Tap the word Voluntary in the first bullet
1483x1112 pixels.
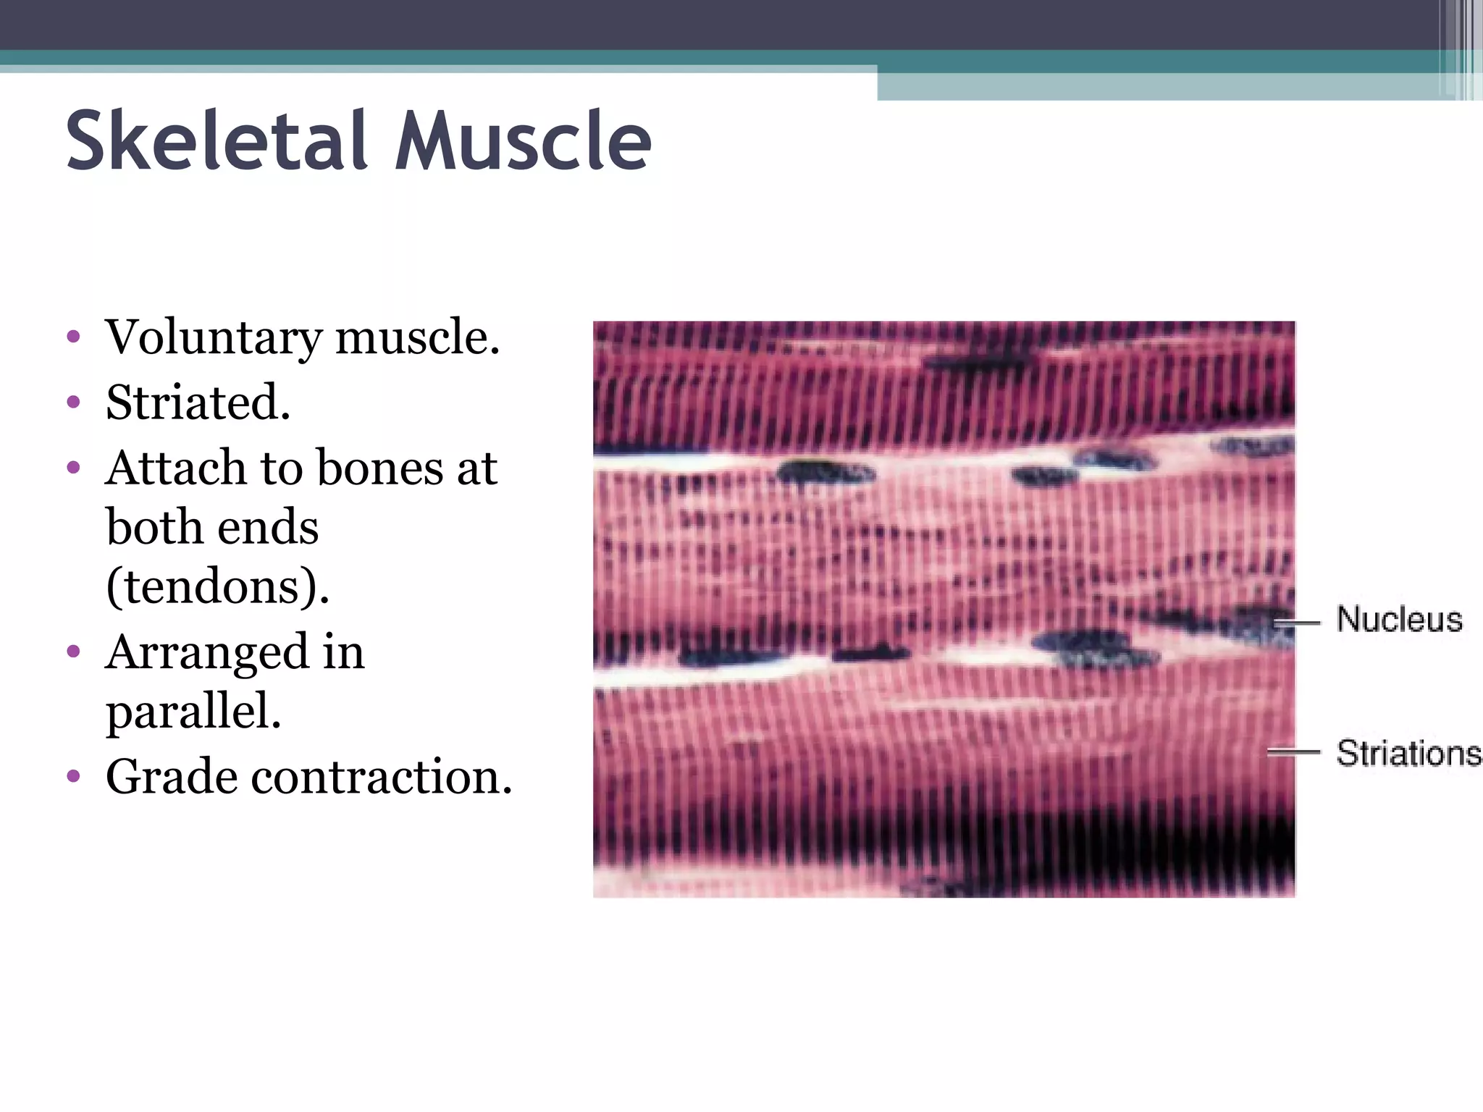click(x=214, y=338)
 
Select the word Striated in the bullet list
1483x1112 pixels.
click(x=197, y=403)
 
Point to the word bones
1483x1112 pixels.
click(x=379, y=468)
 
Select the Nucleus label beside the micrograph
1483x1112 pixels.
click(x=1399, y=620)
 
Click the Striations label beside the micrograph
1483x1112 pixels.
click(x=1408, y=753)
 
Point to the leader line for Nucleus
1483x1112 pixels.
click(x=1297, y=622)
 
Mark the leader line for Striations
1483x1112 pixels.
click(x=1293, y=753)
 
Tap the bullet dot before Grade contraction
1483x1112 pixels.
click(x=72, y=777)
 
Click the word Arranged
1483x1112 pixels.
click(x=205, y=652)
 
